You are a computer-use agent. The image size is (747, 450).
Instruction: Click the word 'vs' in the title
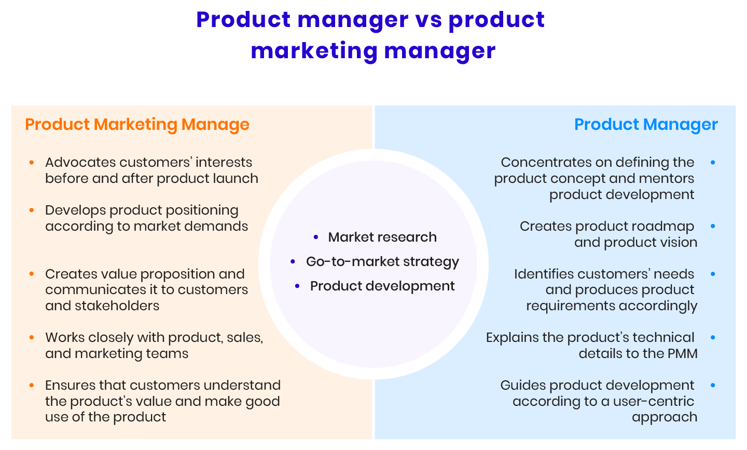click(428, 20)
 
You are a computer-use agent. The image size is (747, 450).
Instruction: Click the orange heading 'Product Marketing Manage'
click(137, 125)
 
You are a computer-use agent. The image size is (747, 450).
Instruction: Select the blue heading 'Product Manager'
click(646, 125)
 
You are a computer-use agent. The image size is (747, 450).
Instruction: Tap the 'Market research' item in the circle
click(382, 237)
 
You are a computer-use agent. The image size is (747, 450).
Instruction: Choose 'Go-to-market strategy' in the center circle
click(382, 262)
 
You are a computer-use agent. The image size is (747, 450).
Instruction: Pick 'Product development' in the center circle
click(382, 286)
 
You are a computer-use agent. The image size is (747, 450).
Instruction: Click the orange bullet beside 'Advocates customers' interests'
click(32, 163)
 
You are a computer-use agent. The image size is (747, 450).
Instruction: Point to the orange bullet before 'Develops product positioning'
click(32, 210)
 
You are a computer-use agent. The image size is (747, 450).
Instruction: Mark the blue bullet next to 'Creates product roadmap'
click(713, 227)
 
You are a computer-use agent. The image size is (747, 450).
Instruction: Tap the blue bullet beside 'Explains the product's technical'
click(713, 338)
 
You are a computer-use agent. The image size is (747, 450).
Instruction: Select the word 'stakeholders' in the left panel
click(117, 306)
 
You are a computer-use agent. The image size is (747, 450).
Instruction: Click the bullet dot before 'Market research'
click(316, 237)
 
